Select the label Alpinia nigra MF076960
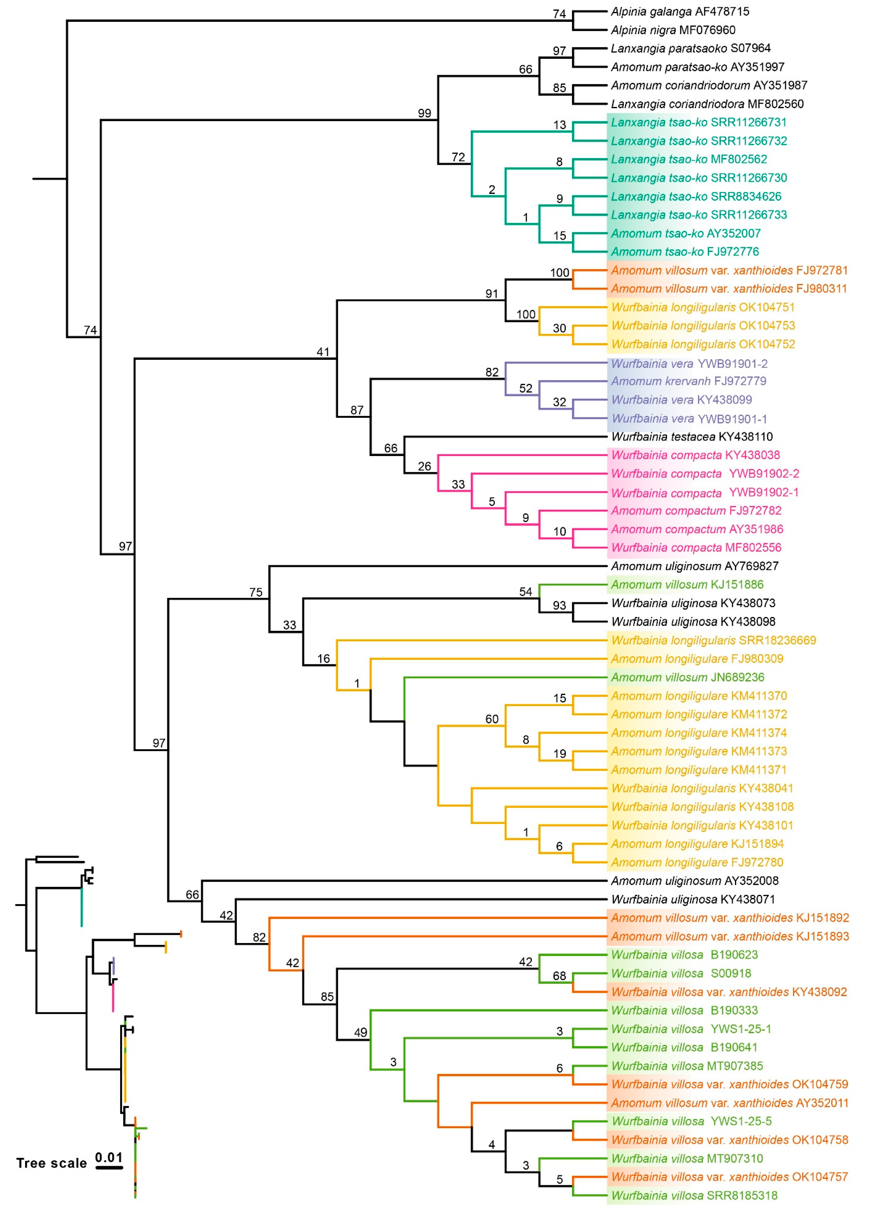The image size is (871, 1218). [x=673, y=30]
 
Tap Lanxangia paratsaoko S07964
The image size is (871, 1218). [x=690, y=48]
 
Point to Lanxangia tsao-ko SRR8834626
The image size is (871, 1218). [x=696, y=196]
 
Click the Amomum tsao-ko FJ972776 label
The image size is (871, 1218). [x=684, y=252]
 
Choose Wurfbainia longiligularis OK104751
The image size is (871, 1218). [x=703, y=307]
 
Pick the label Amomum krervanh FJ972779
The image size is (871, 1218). [x=688, y=381]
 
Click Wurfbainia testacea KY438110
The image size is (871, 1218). [x=691, y=437]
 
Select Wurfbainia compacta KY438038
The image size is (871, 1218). [x=695, y=455]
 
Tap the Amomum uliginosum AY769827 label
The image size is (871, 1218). [x=694, y=566]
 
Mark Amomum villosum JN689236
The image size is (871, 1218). [x=687, y=677]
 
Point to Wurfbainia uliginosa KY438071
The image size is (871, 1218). [x=693, y=899]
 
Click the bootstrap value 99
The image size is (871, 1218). [x=424, y=113]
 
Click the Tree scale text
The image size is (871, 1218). [x=51, y=1163]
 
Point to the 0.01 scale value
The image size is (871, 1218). [x=109, y=1157]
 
